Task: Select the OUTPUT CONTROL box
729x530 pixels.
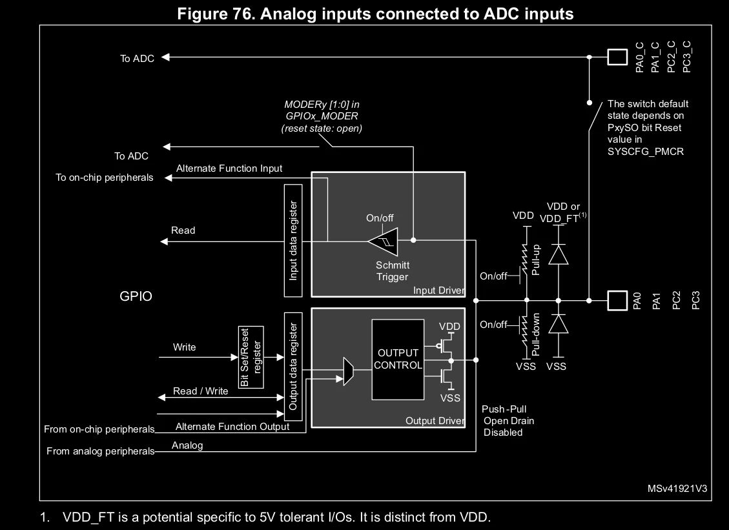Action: pyautogui.click(x=398, y=360)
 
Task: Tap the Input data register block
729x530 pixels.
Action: pyautogui.click(x=293, y=240)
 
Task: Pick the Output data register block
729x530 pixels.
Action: pyautogui.click(x=293, y=366)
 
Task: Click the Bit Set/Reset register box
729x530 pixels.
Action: pyautogui.click(x=251, y=357)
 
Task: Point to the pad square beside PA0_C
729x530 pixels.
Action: pyautogui.click(x=617, y=57)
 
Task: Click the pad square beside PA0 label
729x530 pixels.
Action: pyautogui.click(x=617, y=300)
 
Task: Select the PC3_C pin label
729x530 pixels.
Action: pyautogui.click(x=686, y=57)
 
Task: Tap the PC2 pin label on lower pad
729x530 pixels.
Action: pyautogui.click(x=677, y=300)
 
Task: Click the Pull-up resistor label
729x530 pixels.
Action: pyautogui.click(x=535, y=260)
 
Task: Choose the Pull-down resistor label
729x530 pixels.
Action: pyautogui.click(x=535, y=334)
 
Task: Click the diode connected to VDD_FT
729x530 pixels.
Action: pyautogui.click(x=559, y=254)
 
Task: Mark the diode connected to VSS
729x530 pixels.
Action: pyautogui.click(x=559, y=324)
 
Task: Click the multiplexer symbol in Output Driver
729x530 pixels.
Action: pyautogui.click(x=348, y=371)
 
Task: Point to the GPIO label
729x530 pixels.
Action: pyautogui.click(x=136, y=296)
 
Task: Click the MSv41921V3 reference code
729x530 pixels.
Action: pyautogui.click(x=677, y=488)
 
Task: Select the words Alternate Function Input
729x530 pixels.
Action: pyautogui.click(x=229, y=168)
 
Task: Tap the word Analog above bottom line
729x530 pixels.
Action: pyautogui.click(x=187, y=445)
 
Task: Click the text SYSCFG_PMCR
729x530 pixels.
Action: pyautogui.click(x=645, y=152)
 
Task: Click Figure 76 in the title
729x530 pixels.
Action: pyautogui.click(x=216, y=14)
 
